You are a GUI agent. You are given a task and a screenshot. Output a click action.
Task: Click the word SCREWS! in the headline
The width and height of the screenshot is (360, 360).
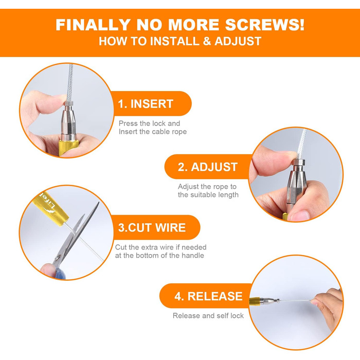[x=265, y=25]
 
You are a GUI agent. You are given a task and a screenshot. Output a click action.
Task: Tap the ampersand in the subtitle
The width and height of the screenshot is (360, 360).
[x=207, y=41]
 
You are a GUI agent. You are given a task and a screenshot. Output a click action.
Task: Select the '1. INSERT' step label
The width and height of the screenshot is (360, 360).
[x=146, y=104]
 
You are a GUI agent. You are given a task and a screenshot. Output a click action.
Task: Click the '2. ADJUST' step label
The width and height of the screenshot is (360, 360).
[x=208, y=167]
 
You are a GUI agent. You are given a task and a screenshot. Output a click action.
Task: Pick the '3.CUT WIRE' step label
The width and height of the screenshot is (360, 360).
[x=152, y=227]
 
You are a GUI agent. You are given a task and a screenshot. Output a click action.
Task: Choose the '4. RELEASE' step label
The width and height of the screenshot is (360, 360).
[x=208, y=296]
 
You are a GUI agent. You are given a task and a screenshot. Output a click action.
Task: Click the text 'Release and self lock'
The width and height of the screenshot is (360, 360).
[x=208, y=316]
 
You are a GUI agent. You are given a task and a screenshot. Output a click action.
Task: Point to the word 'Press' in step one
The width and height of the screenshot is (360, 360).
[x=128, y=123]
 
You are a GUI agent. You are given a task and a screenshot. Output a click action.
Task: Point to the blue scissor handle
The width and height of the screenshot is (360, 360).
[x=60, y=273]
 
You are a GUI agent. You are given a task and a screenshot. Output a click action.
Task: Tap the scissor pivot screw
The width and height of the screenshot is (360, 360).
[x=58, y=258]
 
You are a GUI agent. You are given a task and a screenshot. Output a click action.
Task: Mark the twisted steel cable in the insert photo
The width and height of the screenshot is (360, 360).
[x=70, y=82]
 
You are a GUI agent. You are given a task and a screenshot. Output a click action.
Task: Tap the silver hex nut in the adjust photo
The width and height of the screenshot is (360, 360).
[x=298, y=163]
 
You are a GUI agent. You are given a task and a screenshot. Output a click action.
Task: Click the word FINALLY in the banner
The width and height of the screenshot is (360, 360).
[x=93, y=25]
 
